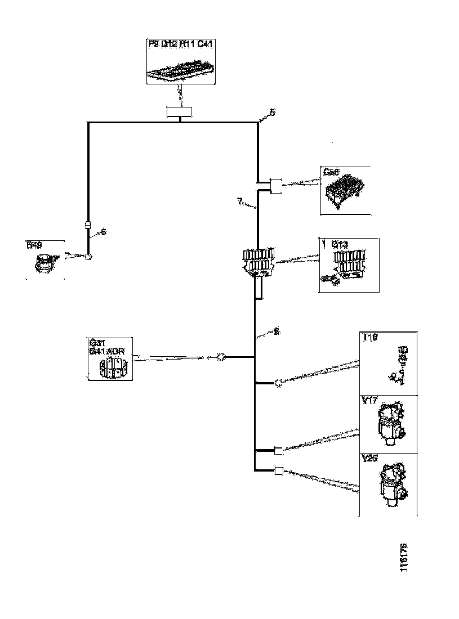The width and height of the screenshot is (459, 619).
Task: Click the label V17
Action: click(369, 401)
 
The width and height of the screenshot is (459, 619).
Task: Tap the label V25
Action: click(369, 459)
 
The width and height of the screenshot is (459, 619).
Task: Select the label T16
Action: click(369, 338)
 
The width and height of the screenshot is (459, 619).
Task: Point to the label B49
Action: click(34, 244)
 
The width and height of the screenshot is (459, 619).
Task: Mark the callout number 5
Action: click(273, 112)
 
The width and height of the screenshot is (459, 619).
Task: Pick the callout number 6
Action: click(104, 231)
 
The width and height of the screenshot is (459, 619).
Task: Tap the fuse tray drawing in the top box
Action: click(180, 72)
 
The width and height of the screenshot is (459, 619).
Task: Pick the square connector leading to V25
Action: click(278, 471)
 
